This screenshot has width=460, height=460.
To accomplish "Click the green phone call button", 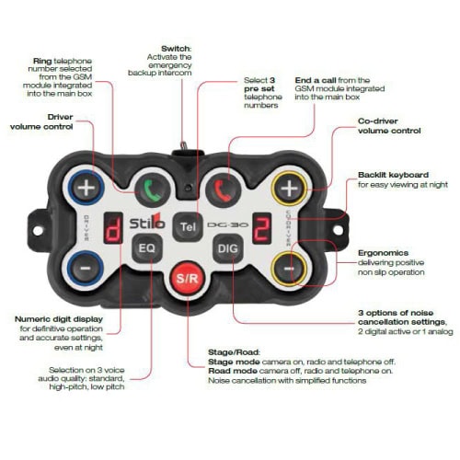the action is click(x=153, y=190).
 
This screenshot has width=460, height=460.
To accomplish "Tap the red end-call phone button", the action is click(x=223, y=190).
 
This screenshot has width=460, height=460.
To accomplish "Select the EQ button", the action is click(x=147, y=248).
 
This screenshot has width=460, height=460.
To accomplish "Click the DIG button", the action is click(x=228, y=248).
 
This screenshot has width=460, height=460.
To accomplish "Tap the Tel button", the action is click(x=188, y=226).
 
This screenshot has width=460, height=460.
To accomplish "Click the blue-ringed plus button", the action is click(x=86, y=188).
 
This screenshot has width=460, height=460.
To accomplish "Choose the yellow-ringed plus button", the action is click(x=289, y=189).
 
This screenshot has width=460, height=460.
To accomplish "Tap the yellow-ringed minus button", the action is click(x=289, y=269).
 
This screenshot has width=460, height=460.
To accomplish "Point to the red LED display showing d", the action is click(x=113, y=228).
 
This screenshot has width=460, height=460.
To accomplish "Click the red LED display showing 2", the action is click(x=261, y=228).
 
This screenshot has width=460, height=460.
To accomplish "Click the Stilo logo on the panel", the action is click(x=147, y=222).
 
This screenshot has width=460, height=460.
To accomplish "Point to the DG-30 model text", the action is click(x=228, y=224).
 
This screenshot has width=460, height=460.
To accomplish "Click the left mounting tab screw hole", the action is click(x=38, y=231).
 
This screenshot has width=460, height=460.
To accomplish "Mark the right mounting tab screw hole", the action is click(x=338, y=230).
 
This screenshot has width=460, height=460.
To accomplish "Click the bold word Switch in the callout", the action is click(x=176, y=49).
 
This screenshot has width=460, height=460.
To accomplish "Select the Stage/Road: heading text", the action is click(x=234, y=352).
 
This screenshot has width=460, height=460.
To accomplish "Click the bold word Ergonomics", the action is click(x=383, y=253).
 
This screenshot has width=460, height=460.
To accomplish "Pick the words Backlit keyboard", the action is click(x=394, y=175).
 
